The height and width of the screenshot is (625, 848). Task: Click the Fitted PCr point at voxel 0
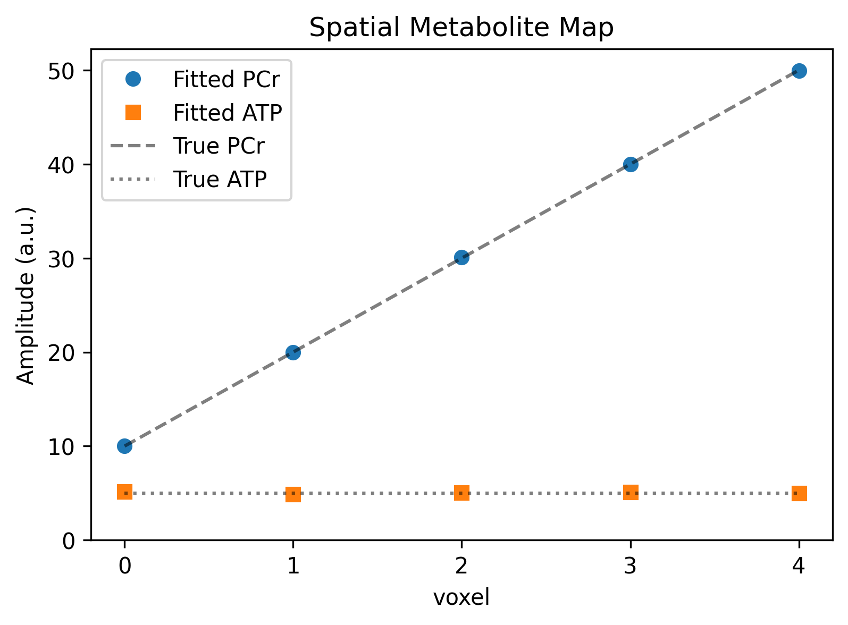(124, 446)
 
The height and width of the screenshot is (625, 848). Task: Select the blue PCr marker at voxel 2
(461, 258)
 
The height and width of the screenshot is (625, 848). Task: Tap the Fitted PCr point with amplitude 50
(799, 71)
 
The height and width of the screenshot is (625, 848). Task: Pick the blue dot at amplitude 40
(631, 164)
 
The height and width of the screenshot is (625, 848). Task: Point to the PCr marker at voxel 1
(293, 352)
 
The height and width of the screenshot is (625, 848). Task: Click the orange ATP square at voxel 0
(124, 492)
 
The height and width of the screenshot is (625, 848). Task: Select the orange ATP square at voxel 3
(631, 493)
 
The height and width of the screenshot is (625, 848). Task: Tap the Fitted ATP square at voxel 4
(799, 493)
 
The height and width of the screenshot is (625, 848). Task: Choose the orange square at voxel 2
(461, 493)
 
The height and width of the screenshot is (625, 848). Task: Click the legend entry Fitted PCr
(226, 80)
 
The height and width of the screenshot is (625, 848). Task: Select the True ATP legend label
(220, 180)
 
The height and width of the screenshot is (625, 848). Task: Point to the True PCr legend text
(219, 146)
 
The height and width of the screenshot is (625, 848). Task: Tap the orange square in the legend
(133, 113)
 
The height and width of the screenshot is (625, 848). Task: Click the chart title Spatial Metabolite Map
(461, 28)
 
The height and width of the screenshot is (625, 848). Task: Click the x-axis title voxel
(461, 597)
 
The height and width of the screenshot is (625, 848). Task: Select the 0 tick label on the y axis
(70, 540)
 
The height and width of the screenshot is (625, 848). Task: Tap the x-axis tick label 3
(631, 567)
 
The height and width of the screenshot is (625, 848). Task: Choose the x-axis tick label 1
(293, 567)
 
